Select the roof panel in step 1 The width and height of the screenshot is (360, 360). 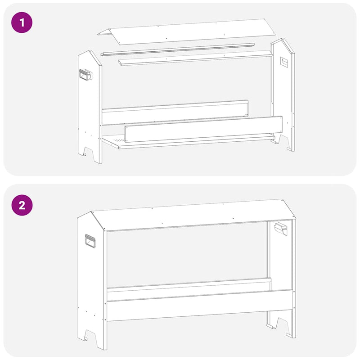point(189,31)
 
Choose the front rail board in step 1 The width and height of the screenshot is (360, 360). point(202,129)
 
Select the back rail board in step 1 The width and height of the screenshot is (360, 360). point(175,112)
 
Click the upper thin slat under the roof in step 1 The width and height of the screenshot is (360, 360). point(178,49)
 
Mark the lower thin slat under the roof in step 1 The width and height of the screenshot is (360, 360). point(196,58)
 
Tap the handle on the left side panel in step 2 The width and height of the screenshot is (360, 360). point(90,242)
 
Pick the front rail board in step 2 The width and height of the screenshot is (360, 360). point(198,306)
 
